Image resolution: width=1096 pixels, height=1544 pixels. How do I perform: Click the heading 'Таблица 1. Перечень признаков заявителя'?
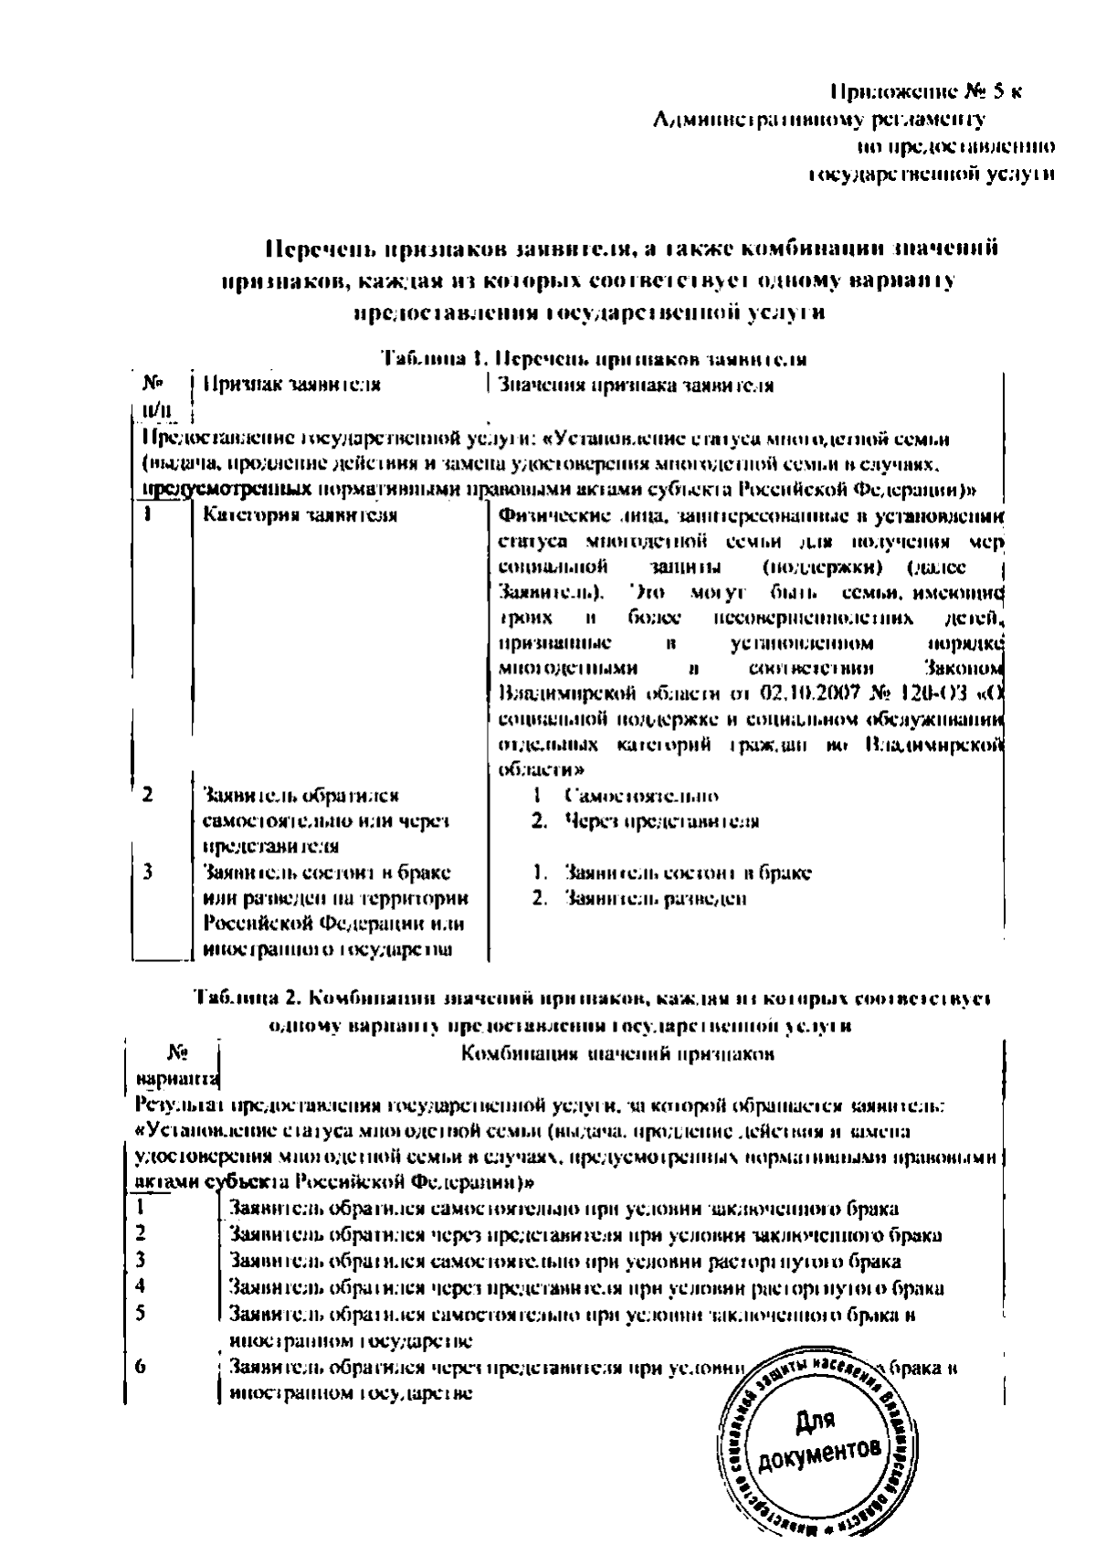594,358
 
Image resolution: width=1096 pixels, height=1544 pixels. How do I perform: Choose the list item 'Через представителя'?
661,820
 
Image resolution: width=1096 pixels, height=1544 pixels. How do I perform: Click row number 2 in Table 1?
148,794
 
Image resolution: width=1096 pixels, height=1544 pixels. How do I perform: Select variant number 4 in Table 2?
142,1286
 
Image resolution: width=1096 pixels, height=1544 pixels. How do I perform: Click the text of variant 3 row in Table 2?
565,1262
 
